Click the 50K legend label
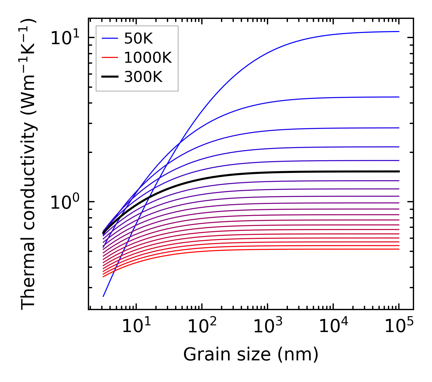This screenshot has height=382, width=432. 138,39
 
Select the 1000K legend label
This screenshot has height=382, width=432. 148,58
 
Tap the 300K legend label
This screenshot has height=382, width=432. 143,77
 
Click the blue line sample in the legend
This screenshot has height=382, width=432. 109,38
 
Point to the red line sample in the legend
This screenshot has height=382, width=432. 109,58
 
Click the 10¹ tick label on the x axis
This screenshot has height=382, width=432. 136,327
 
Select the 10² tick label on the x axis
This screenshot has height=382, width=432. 202,327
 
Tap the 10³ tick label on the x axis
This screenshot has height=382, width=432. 268,327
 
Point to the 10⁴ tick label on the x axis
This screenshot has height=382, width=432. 333,327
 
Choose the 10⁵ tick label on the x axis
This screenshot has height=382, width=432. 399,327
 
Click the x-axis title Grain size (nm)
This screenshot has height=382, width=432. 251,355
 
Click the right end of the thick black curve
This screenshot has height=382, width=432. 399,172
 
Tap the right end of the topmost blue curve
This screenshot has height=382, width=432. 399,31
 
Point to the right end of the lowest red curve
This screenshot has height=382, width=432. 399,249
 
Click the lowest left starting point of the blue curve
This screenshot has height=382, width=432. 103,296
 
